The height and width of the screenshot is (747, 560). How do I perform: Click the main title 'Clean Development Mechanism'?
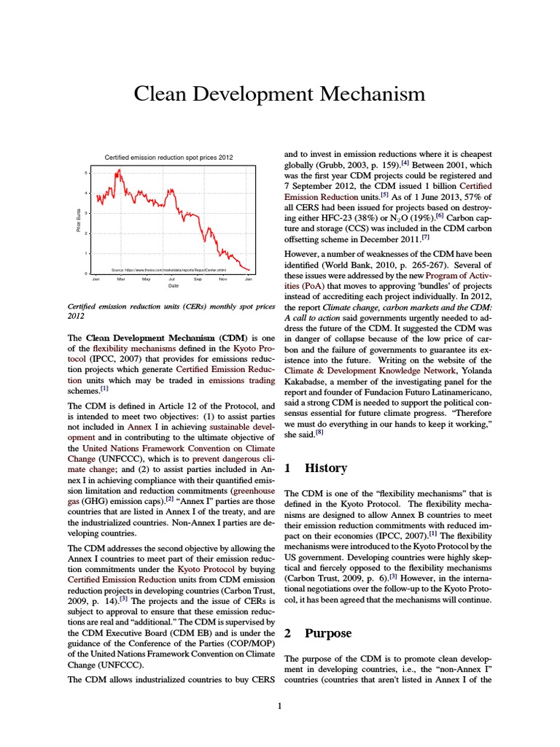coord(279,94)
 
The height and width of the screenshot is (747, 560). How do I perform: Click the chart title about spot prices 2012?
coord(169,158)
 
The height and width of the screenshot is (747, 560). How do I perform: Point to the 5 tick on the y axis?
coord(86,173)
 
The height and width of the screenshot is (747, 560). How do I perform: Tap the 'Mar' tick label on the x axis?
coord(121,279)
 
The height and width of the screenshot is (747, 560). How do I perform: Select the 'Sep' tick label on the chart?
coord(198,279)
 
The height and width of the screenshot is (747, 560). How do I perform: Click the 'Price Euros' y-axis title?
coord(78,222)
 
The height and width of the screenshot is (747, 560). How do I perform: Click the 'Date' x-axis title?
coord(174,286)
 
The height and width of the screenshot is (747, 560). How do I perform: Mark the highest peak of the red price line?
coord(117,171)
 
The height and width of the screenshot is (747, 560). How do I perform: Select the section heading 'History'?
coord(325,468)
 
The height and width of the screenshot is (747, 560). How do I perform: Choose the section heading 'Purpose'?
coord(328,633)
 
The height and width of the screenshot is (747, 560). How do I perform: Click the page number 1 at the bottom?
coord(279,705)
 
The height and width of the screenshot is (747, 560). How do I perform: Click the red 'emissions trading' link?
coord(241,380)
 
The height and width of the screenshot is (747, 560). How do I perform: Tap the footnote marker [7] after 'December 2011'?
coord(425,238)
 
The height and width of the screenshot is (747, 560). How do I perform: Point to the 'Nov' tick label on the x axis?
coord(223,279)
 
